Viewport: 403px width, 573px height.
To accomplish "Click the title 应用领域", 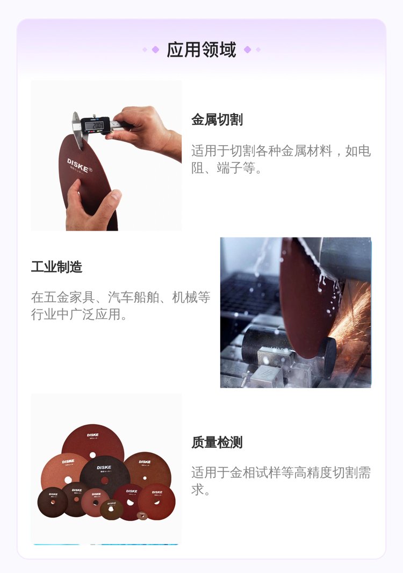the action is click(x=201, y=49).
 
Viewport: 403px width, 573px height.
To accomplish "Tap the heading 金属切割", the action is click(x=217, y=119).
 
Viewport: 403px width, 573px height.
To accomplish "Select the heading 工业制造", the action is click(x=56, y=267).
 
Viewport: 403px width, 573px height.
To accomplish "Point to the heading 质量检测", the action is click(x=217, y=442).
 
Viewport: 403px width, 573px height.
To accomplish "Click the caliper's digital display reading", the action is click(x=95, y=126).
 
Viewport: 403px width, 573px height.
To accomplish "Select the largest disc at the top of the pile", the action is click(x=93, y=444).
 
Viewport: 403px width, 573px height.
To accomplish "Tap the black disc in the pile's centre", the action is click(x=105, y=475).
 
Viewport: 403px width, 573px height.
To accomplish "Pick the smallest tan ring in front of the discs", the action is click(x=142, y=515).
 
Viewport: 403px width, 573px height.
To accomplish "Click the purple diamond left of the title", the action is click(x=155, y=49).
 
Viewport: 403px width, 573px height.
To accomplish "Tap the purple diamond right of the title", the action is click(x=247, y=49).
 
